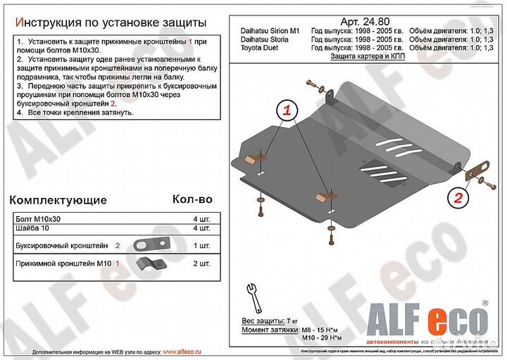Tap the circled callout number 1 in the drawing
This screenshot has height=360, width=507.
point(288,110)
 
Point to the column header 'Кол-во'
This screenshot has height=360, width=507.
point(192,200)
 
